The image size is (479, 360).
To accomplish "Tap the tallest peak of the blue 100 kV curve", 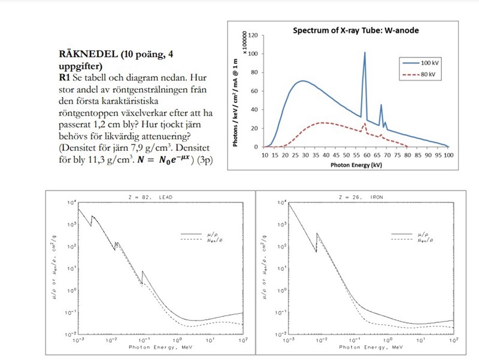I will pyautogui.click(x=365, y=53).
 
